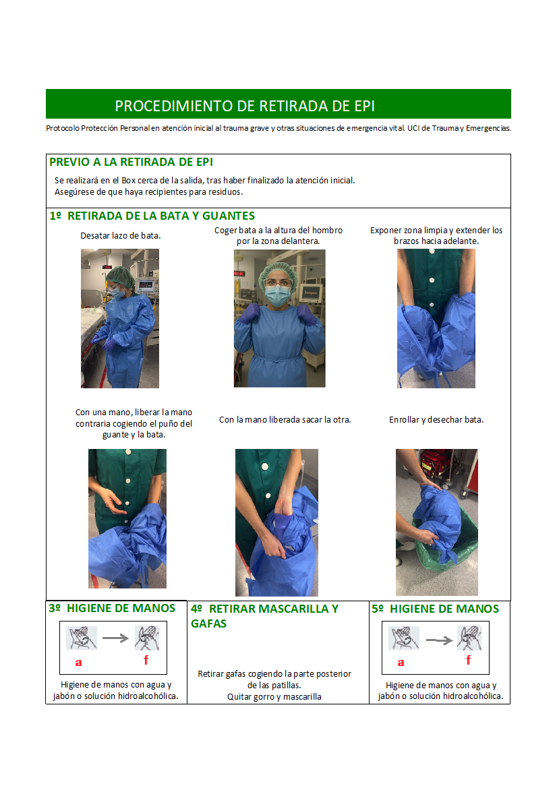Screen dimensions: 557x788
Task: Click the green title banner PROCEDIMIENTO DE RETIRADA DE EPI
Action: (x=278, y=104)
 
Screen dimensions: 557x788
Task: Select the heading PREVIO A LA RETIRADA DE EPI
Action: (x=131, y=162)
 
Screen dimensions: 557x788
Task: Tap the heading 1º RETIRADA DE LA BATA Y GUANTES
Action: (x=152, y=216)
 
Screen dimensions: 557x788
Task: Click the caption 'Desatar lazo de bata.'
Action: (x=121, y=236)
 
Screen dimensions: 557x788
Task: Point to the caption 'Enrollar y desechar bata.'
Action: (x=436, y=420)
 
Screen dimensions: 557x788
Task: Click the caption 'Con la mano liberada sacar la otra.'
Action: (x=285, y=420)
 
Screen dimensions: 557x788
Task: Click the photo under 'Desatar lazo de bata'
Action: (x=120, y=319)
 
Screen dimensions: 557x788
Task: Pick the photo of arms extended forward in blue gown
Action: (x=436, y=319)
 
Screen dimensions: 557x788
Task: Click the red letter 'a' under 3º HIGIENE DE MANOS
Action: (x=78, y=663)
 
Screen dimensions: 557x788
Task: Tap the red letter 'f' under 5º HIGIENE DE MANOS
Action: (x=469, y=659)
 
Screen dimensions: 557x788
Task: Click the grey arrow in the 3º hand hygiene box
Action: (x=115, y=638)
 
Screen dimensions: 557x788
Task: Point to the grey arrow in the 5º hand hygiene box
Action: (x=439, y=640)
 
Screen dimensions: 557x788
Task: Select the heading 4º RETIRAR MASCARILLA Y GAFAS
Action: (x=264, y=616)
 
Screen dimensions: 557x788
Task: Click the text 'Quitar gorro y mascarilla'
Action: (x=274, y=696)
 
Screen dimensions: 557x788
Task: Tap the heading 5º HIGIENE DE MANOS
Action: (x=436, y=609)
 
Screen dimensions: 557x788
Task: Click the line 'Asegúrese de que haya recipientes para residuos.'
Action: (x=149, y=192)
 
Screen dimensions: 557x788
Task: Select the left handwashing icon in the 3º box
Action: (x=82, y=638)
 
